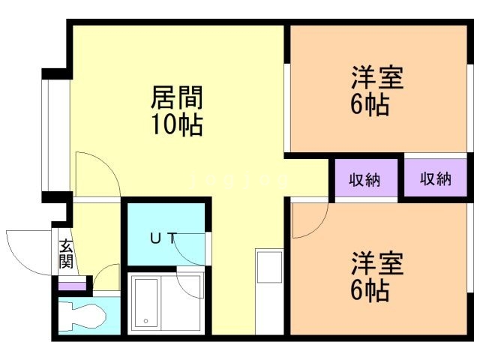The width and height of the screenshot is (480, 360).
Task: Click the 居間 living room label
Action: pos(178,97)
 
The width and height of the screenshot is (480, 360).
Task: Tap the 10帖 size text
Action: pos(178,124)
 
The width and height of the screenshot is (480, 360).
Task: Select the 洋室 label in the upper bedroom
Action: pos(377,79)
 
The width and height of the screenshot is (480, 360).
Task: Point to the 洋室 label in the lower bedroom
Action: pos(377,264)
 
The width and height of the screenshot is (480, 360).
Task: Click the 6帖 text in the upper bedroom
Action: pos(370,105)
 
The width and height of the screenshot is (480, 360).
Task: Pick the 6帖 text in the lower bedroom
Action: pos(370,290)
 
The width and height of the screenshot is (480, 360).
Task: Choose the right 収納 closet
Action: pos(435,180)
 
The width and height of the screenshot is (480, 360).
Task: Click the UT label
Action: pos(163,239)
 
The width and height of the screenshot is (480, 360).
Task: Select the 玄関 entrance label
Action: pos(66,254)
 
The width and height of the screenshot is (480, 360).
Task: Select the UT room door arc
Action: pos(191,247)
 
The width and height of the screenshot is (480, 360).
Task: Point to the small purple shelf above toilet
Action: pos(73,286)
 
